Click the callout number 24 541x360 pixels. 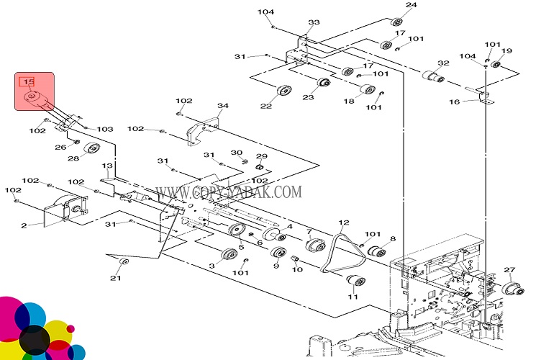411,5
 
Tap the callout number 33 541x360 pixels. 314,22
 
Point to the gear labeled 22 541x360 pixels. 283,93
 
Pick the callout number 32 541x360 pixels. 443,63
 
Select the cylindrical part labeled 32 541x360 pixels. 431,76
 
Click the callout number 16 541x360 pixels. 455,102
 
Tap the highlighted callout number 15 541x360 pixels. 29,82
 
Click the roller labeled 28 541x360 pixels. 91,150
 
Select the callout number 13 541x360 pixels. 107,166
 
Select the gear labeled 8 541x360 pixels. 374,252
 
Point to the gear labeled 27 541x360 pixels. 513,288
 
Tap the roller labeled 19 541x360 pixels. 496,64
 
